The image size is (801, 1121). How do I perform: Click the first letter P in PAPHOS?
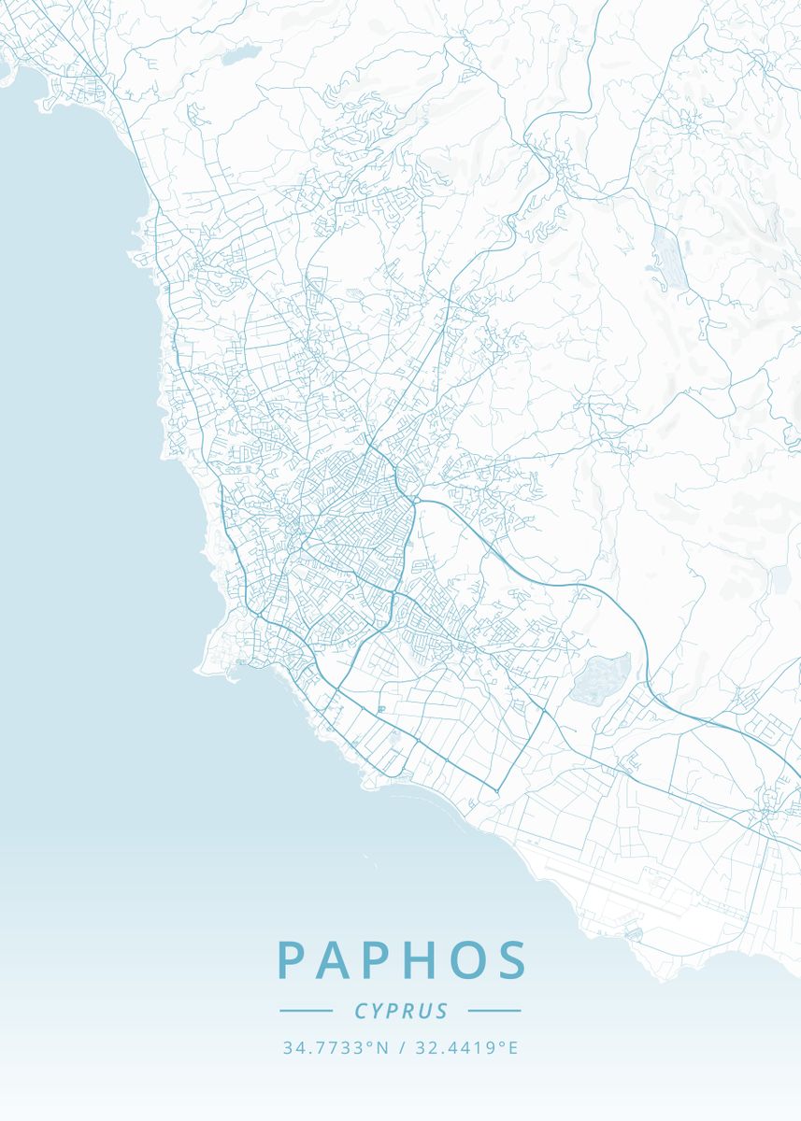coord(293,960)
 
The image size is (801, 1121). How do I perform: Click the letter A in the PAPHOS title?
coord(333,960)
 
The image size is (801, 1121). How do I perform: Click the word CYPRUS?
coord(401,1011)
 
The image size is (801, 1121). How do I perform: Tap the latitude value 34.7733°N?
coord(335,1048)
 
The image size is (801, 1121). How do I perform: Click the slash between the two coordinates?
coord(401,1048)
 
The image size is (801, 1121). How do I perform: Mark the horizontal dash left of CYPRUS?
coord(306,1011)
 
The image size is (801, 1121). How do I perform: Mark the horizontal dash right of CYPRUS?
coord(494,1011)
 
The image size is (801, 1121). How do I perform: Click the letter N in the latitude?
coord(381,1048)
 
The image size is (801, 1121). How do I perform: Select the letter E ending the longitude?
coord(512,1048)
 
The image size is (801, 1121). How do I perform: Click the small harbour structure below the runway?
coord(634,933)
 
